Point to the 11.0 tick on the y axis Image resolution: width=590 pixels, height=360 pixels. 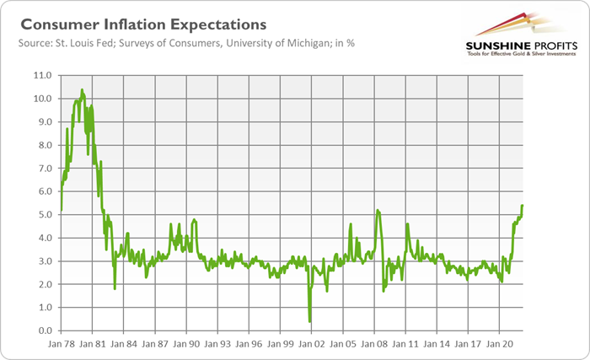pyautogui.click(x=41, y=75)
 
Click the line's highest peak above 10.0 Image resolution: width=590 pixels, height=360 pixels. pyautogui.click(x=82, y=89)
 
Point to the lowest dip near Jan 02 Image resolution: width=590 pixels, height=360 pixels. pyautogui.click(x=310, y=321)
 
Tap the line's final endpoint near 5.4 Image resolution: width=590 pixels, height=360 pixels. pyautogui.click(x=523, y=206)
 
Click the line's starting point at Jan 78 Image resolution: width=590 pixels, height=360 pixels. pyautogui.click(x=62, y=209)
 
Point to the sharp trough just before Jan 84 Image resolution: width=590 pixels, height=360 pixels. pyautogui.click(x=115, y=288)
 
